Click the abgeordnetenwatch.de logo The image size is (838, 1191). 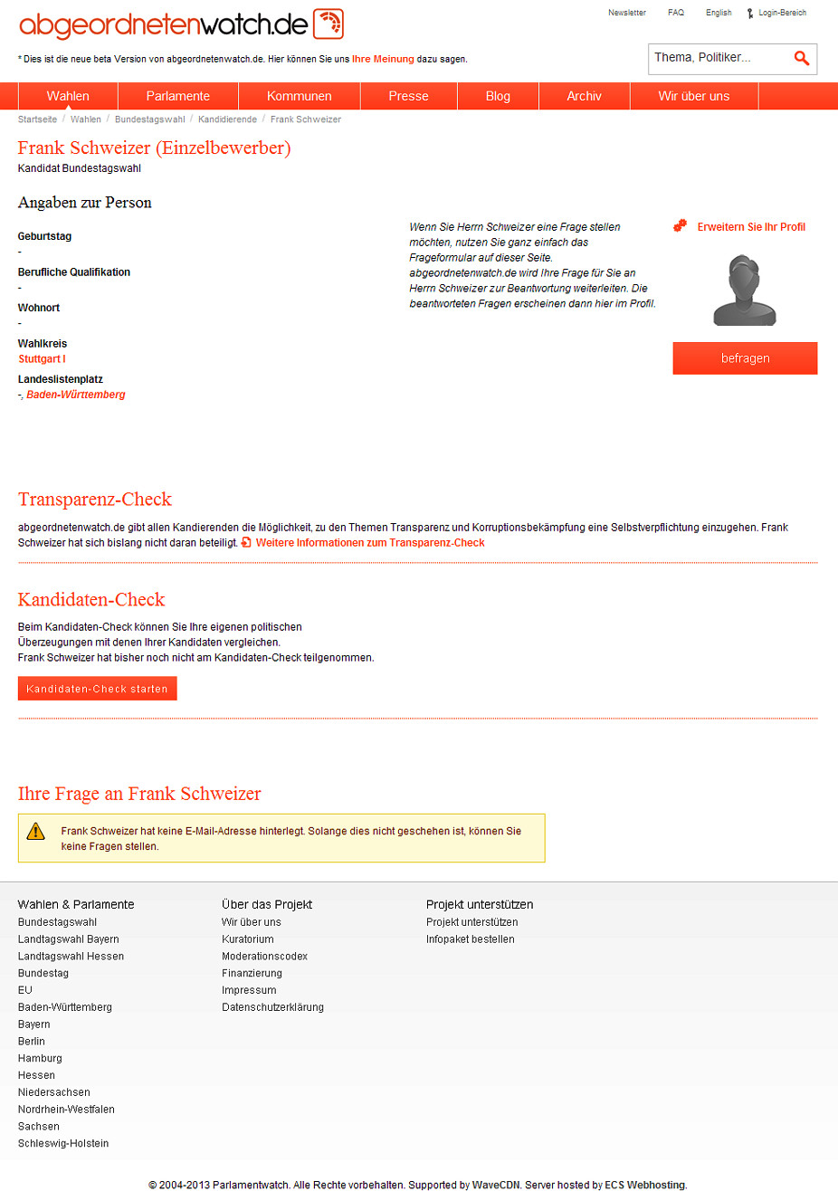(x=181, y=24)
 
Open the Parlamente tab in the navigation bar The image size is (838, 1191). (x=178, y=96)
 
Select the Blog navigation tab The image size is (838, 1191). (x=498, y=96)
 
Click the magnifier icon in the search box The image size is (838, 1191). (x=801, y=58)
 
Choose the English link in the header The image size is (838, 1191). (x=719, y=13)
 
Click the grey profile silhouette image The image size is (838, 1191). (x=745, y=290)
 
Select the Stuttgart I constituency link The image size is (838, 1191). (x=42, y=359)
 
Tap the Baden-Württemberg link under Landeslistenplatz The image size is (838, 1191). (x=76, y=395)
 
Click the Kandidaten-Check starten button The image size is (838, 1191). (x=97, y=689)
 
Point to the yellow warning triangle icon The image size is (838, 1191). (x=36, y=831)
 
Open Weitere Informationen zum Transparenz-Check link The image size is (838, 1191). (x=369, y=543)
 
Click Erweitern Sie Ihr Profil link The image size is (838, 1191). (x=750, y=227)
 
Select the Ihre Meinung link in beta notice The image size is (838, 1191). (x=383, y=60)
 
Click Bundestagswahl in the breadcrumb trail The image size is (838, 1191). (x=149, y=119)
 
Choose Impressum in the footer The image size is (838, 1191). (x=249, y=990)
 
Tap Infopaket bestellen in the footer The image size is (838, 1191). (x=470, y=939)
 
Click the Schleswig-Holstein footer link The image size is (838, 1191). (x=63, y=1143)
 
